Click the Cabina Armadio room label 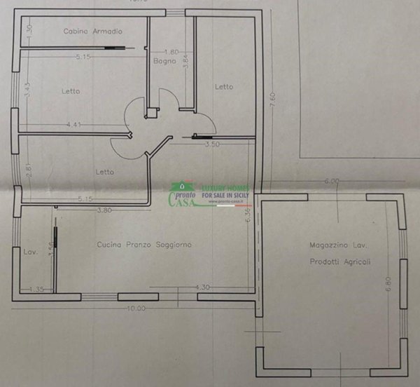tap(93, 32)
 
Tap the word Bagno tap(165, 62)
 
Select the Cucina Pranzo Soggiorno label tap(144, 245)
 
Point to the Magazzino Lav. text tap(338, 245)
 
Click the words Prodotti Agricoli tap(340, 262)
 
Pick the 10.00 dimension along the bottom tap(136, 308)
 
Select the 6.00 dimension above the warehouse tap(331, 181)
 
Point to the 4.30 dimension tap(203, 287)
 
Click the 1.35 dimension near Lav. tap(37, 287)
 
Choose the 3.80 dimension tap(104, 210)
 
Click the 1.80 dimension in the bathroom tap(171, 52)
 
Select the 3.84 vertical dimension tap(185, 61)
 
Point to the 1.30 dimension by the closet tap(29, 31)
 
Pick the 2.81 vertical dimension tap(29, 170)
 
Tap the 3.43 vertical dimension tap(27, 90)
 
